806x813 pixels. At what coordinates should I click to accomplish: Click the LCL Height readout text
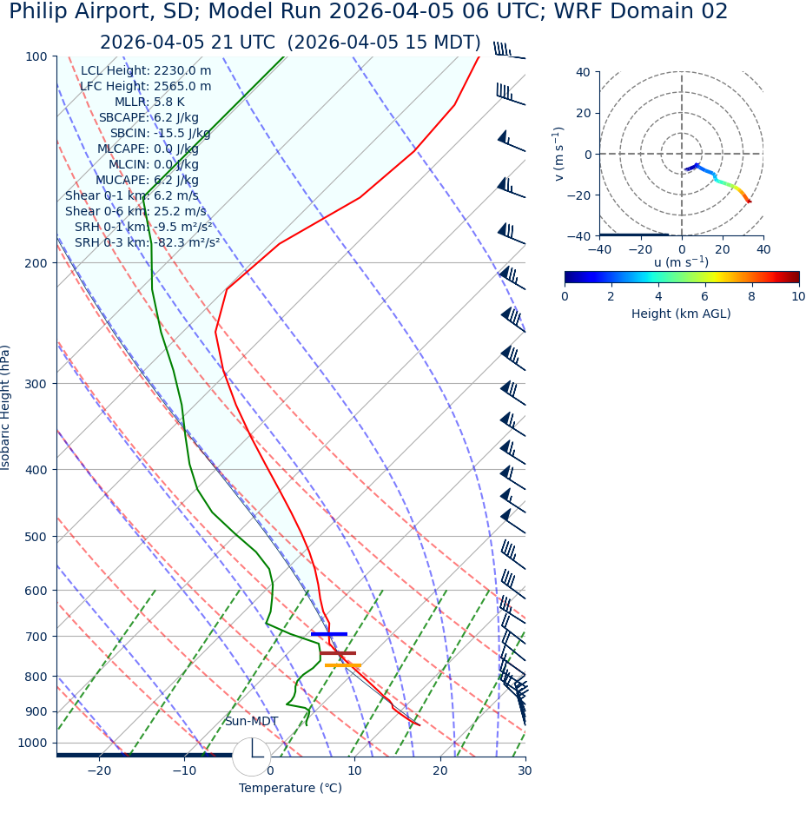(x=146, y=70)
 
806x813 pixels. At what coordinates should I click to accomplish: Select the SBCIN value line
(x=160, y=133)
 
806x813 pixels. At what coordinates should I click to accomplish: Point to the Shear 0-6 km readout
(x=135, y=211)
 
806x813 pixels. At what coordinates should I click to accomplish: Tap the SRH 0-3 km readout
(x=147, y=242)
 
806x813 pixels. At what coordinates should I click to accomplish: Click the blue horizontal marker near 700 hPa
(x=328, y=634)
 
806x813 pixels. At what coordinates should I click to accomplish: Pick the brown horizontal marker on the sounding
(x=337, y=653)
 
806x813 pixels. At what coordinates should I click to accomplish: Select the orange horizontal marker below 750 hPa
(x=342, y=665)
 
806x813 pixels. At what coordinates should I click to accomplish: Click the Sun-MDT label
(x=251, y=722)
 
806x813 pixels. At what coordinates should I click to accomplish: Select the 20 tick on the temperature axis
(x=440, y=770)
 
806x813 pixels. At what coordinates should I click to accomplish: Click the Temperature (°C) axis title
(x=290, y=789)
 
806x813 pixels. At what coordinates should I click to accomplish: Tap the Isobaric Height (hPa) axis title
(x=7, y=407)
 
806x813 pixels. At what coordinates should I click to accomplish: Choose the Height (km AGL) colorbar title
(x=681, y=314)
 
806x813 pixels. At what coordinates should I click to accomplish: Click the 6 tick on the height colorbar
(x=704, y=296)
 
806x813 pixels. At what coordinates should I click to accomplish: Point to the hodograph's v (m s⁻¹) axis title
(x=559, y=154)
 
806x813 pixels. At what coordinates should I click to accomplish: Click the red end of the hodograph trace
(x=750, y=202)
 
